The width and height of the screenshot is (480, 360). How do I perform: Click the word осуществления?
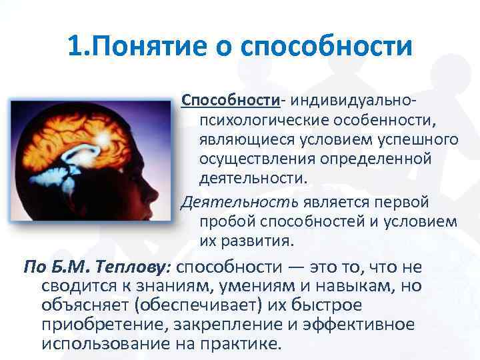coord(256,161)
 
